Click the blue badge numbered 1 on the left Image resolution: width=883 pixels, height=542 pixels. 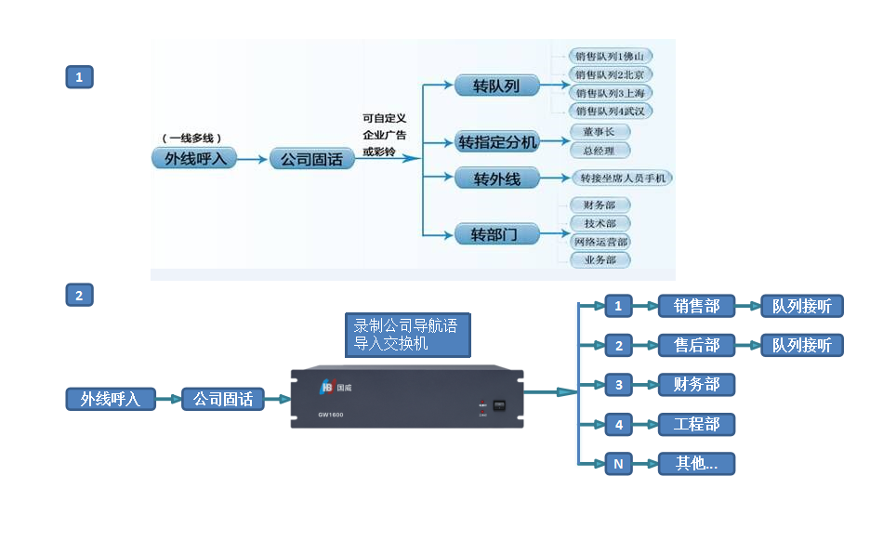[x=79, y=77]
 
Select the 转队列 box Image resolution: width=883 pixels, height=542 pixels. [x=496, y=86]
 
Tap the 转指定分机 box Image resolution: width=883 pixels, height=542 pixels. [x=497, y=142]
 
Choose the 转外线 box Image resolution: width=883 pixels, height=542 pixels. [x=496, y=178]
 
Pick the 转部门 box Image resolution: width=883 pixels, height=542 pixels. [x=496, y=233]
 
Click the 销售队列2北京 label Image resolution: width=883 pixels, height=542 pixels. [x=613, y=74]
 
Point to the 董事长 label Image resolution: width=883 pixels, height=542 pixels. [x=600, y=132]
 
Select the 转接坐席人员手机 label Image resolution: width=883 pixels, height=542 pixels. [x=622, y=178]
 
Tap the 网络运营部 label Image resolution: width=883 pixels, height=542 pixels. [x=600, y=242]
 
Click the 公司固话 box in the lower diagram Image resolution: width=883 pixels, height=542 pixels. [x=222, y=399]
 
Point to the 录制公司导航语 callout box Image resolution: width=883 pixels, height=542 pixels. [x=407, y=336]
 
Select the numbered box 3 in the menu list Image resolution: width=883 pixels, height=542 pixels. [x=618, y=385]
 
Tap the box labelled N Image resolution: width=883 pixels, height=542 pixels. [x=618, y=463]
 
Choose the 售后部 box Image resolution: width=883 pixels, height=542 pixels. [x=696, y=345]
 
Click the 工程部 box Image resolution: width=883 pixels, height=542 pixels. [x=696, y=425]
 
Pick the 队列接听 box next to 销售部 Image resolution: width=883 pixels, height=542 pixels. [x=801, y=306]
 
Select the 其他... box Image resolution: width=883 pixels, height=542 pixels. [x=696, y=463]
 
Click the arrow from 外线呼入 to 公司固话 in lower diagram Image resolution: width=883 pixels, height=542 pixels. [x=168, y=399]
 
